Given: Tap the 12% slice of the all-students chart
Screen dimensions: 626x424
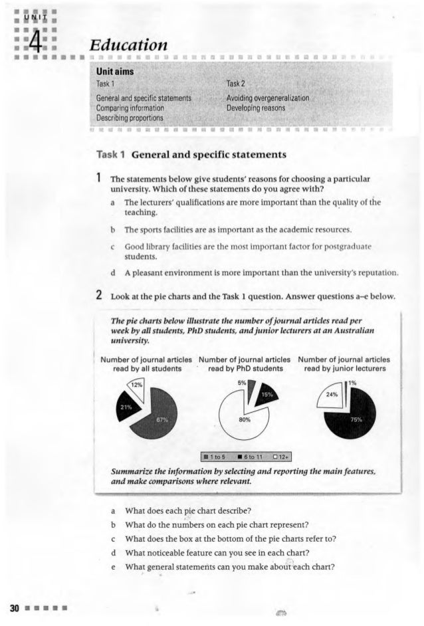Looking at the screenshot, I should click(136, 386).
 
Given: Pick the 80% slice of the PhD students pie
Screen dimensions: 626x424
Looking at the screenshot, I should click(236, 418).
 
